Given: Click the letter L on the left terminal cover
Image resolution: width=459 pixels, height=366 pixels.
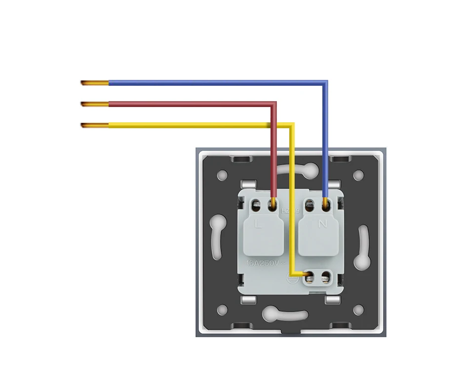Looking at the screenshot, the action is pyautogui.click(x=258, y=224).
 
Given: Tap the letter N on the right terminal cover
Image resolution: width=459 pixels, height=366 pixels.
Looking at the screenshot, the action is pyautogui.click(x=323, y=224).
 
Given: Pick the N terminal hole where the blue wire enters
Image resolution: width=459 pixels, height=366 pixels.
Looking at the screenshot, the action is pyautogui.click(x=326, y=203).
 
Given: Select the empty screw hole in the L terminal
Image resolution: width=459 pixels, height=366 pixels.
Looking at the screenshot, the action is pyautogui.click(x=257, y=203).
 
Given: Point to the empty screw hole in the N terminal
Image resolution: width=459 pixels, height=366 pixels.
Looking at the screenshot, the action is pyautogui.click(x=309, y=203).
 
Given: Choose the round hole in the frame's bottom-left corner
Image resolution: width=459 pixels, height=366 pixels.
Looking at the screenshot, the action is pyautogui.click(x=223, y=310).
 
